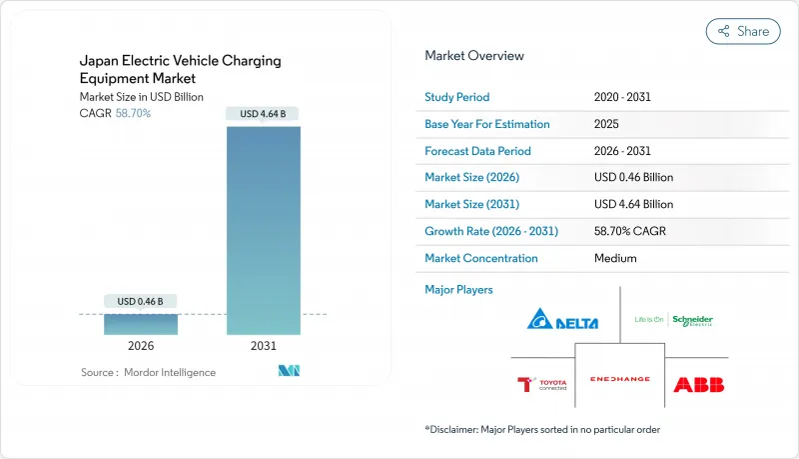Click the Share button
(x=743, y=31)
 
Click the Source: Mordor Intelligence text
(x=148, y=372)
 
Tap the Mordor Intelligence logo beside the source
(x=290, y=371)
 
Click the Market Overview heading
(x=473, y=55)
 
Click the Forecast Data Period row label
(x=477, y=151)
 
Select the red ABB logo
(x=698, y=384)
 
